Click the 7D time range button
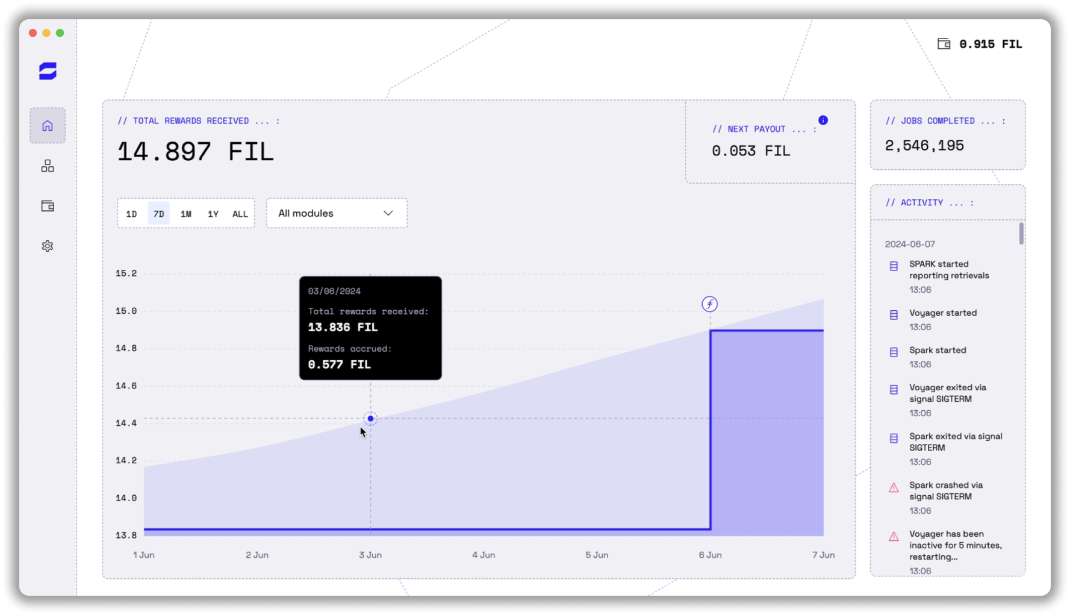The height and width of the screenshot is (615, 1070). [x=158, y=214]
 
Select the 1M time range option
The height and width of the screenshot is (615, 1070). [x=186, y=214]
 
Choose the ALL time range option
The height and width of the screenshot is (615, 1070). [x=240, y=214]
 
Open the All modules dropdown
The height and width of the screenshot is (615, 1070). [x=336, y=213]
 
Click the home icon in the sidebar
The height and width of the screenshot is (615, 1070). [x=48, y=125]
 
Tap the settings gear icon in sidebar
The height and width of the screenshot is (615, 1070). [x=48, y=246]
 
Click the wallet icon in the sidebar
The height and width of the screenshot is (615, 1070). [x=48, y=206]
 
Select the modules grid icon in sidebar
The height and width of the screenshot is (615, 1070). [x=48, y=166]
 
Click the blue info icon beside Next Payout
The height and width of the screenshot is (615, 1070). [x=823, y=120]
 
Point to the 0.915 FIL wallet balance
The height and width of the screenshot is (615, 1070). [x=990, y=44]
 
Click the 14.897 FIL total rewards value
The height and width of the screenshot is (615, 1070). [x=195, y=151]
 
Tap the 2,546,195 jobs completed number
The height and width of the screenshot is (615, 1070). [x=924, y=145]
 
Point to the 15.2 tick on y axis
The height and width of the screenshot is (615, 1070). [x=126, y=273]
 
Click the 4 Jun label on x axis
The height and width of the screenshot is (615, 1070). [x=484, y=555]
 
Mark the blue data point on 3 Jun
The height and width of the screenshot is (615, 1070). [x=370, y=419]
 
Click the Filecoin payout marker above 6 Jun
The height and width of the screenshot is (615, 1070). [x=709, y=304]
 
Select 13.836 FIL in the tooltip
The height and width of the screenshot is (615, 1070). [x=343, y=327]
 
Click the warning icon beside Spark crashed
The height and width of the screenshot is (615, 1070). [x=894, y=488]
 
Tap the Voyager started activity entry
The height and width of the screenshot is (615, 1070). [x=943, y=313]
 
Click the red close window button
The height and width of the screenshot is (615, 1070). [x=33, y=33]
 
